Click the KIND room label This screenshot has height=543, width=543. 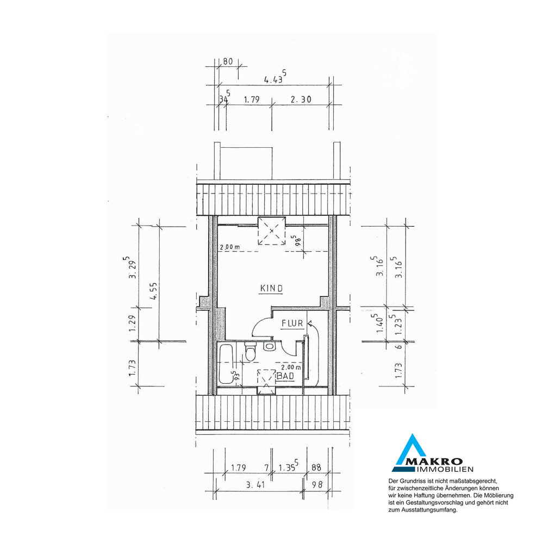(272, 288)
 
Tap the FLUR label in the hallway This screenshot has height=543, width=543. (292, 323)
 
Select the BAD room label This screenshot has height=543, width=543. (286, 376)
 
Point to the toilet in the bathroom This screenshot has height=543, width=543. (249, 351)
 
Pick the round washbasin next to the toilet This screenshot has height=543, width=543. (269, 346)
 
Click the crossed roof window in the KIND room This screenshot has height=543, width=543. (272, 230)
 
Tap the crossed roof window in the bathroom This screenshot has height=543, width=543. (266, 381)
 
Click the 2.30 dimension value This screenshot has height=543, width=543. (301, 99)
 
